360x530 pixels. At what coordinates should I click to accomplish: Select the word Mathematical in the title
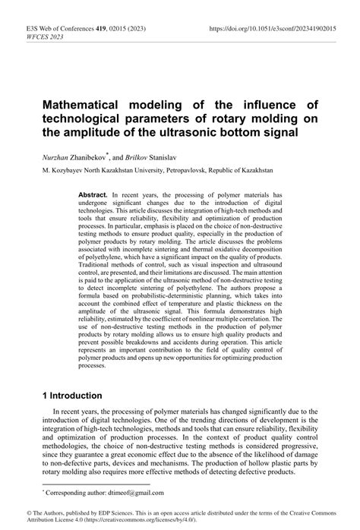pyautogui.click(x=91, y=105)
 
